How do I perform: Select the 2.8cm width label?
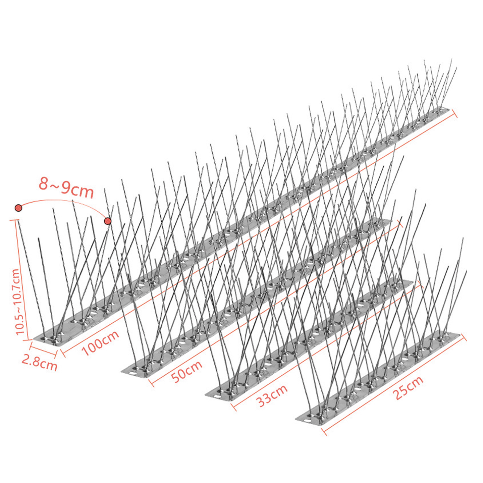coord(40,363)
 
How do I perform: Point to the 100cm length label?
coord(100,342)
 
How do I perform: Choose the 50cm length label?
coord(186,371)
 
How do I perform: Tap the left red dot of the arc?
coord(18,208)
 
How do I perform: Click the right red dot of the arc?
coord(108,221)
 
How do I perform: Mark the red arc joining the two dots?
coord(60,201)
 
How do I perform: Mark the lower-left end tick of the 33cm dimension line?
coord(234,407)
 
